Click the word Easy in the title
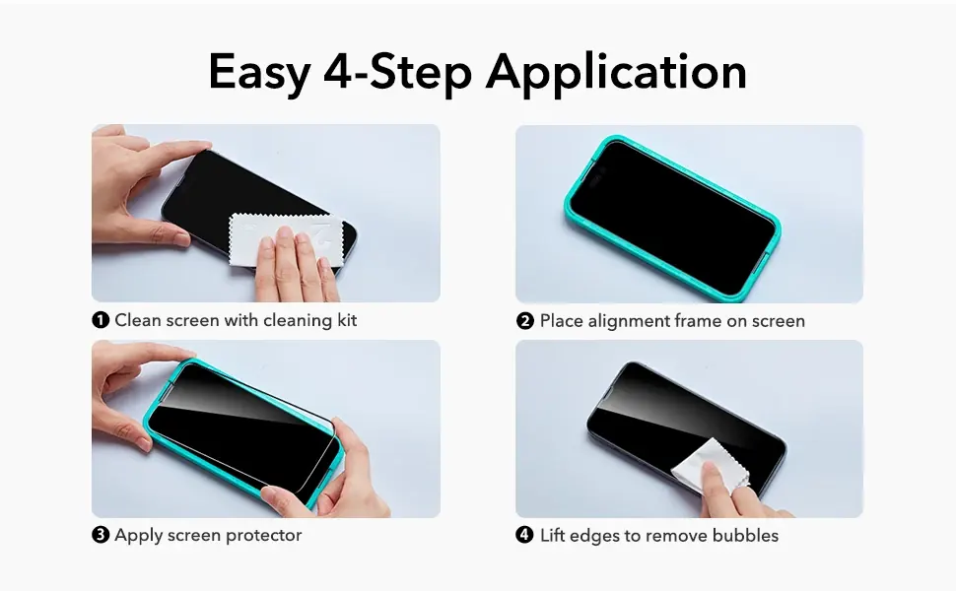[x=259, y=73]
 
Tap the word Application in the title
[x=616, y=73]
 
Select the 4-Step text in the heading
[x=397, y=73]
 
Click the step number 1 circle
[x=101, y=320]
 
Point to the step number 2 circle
[x=525, y=321]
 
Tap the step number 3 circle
[x=101, y=535]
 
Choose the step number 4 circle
[x=525, y=536]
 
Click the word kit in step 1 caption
[x=347, y=320]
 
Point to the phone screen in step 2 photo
[x=672, y=218]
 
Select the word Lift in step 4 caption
[x=552, y=536]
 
